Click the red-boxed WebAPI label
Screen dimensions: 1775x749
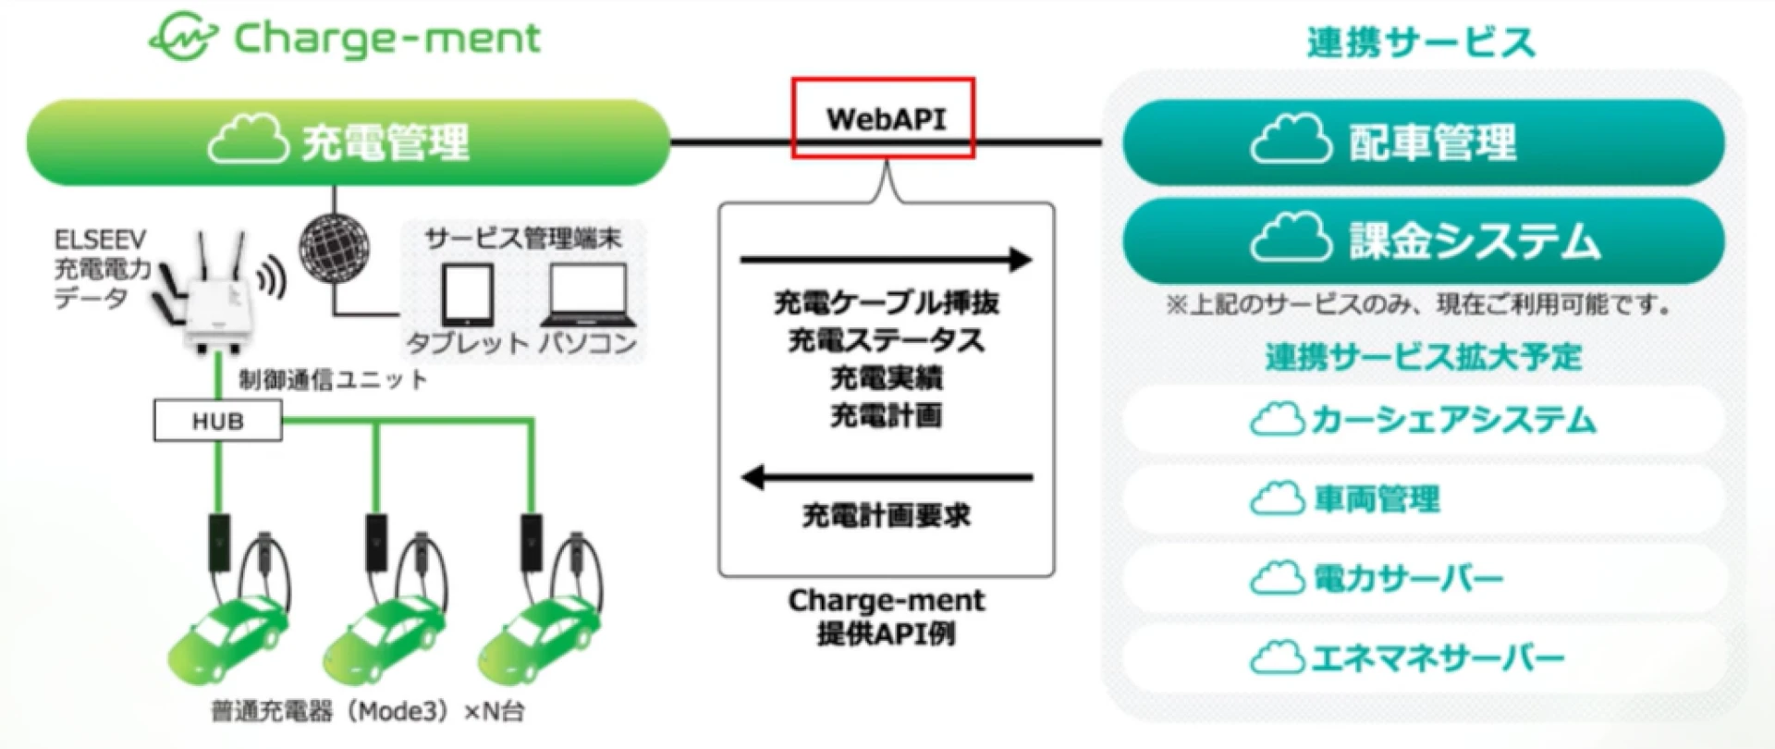883,118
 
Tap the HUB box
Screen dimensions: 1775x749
217,422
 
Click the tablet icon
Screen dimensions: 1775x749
468,295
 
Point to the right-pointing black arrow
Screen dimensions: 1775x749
886,260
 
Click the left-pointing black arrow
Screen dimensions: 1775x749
887,478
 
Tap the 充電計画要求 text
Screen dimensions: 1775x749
886,516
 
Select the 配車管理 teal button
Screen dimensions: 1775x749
1423,142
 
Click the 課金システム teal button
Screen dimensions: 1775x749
1423,240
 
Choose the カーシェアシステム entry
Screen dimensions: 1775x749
1423,420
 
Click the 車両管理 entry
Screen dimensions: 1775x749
1423,499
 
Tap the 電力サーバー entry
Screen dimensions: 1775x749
1423,579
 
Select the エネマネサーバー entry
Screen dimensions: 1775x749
1423,658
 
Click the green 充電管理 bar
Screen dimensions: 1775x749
348,142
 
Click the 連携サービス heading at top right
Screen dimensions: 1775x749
1421,43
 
